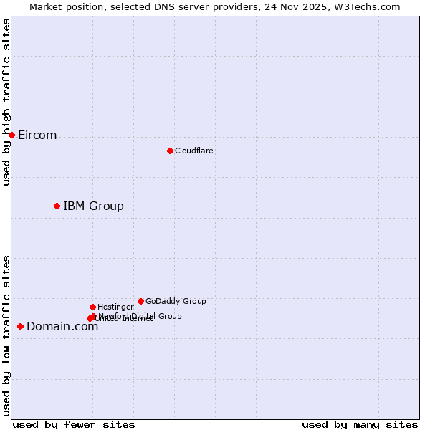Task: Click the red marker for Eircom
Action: (11, 135)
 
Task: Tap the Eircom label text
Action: (37, 135)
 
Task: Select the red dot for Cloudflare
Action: (170, 150)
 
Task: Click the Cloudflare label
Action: (194, 151)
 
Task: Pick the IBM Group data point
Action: (57, 206)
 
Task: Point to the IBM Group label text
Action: (93, 206)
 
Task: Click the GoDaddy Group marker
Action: (140, 301)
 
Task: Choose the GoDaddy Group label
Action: (176, 302)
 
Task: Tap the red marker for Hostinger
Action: (92, 307)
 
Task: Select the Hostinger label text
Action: (115, 307)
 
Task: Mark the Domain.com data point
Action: (20, 326)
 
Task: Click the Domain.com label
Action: (62, 327)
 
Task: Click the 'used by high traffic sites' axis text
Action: (7, 102)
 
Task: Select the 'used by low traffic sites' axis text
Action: (7, 335)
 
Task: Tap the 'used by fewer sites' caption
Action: (74, 425)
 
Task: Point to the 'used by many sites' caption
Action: (360, 425)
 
